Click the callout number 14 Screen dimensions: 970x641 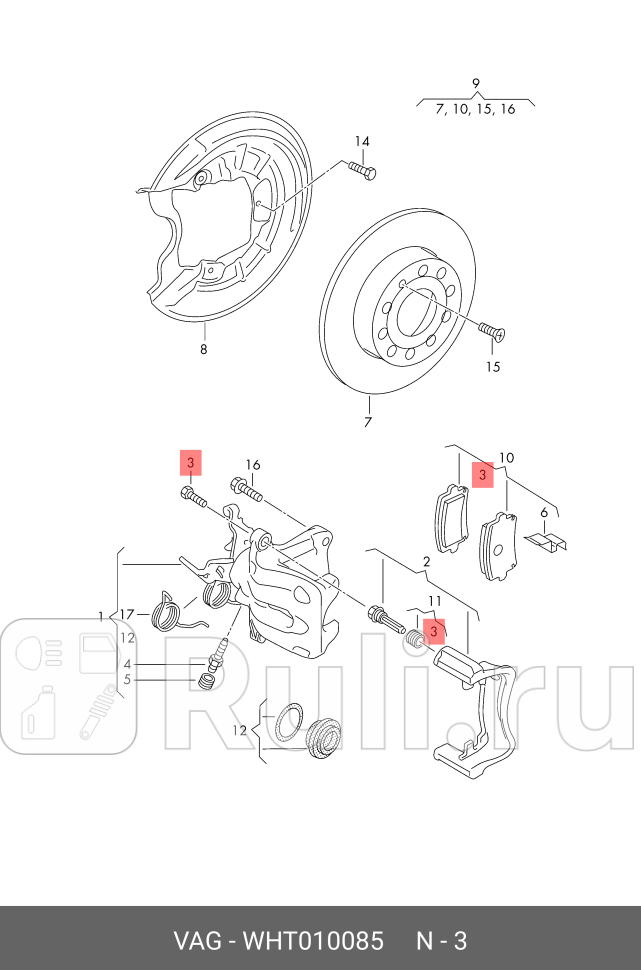tap(361, 141)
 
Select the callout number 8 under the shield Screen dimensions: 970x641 tap(203, 349)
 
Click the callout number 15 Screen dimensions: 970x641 tap(492, 366)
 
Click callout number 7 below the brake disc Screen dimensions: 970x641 tap(368, 422)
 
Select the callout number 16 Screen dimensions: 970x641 tap(252, 465)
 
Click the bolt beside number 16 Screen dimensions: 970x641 tap(246, 490)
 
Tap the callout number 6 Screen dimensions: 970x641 tap(544, 513)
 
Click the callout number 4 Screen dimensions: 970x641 tap(127, 664)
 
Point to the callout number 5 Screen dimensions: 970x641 tap(127, 680)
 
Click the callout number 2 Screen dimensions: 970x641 tap(426, 563)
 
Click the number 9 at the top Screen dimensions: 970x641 tap(476, 83)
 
